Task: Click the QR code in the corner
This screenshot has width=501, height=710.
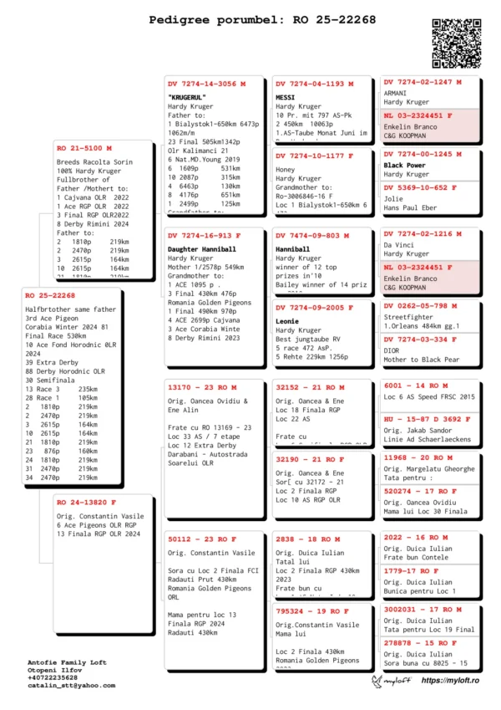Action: coord(457,43)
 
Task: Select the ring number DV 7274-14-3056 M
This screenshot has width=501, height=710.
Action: coord(206,84)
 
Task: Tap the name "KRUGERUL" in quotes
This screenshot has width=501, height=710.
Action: coord(186,97)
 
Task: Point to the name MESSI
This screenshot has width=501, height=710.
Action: coord(286,97)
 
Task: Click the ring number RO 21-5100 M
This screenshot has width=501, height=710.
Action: coord(84,148)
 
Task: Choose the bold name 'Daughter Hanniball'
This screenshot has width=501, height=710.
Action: coord(202,249)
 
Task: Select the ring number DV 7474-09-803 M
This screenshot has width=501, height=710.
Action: coord(312,237)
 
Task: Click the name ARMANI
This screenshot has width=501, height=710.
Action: coord(396,93)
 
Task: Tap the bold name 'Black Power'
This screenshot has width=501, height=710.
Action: coord(405,166)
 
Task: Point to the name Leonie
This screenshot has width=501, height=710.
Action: coord(288,320)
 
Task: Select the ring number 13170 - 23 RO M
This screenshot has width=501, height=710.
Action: coord(202,388)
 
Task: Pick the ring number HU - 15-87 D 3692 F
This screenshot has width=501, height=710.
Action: coord(421,419)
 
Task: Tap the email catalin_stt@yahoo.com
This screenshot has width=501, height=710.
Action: coord(71,685)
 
